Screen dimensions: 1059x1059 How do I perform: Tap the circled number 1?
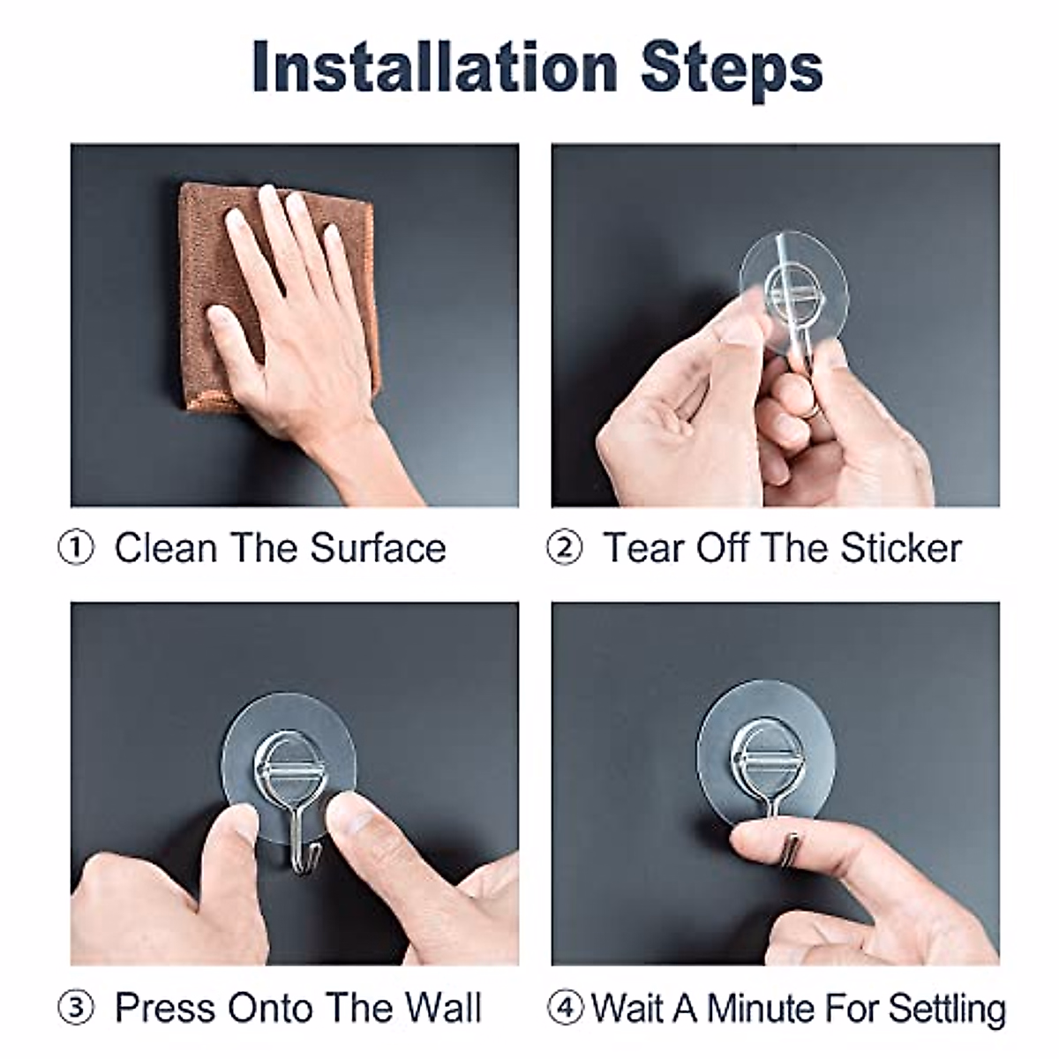tap(77, 548)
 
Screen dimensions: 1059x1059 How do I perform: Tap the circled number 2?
tap(565, 548)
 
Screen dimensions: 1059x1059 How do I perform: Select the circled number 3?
tap(77, 1009)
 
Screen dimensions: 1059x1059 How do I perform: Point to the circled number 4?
tap(564, 1009)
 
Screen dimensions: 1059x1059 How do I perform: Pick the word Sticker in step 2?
tap(900, 548)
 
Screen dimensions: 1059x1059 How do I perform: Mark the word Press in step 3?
tap(165, 1009)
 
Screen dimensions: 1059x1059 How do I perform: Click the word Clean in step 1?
tap(165, 548)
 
